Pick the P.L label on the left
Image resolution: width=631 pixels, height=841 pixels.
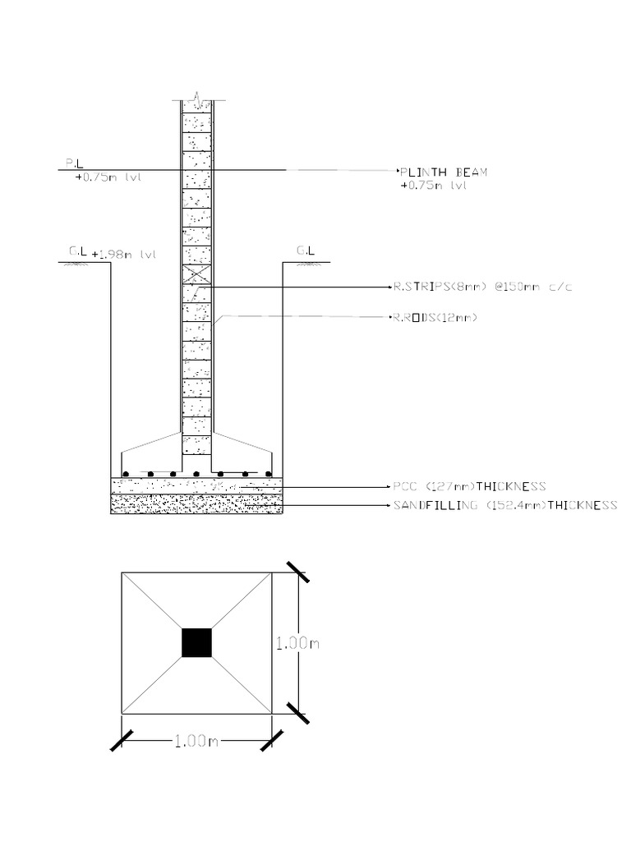pyautogui.click(x=74, y=164)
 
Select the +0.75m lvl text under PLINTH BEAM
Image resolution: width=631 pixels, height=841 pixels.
pyautogui.click(x=434, y=186)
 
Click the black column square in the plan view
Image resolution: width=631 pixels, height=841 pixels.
pyautogui.click(x=197, y=642)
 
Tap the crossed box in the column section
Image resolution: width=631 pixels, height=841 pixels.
pyautogui.click(x=197, y=275)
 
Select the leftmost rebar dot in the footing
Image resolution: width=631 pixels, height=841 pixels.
pyautogui.click(x=125, y=474)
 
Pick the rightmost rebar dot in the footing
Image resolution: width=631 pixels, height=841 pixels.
pyautogui.click(x=269, y=474)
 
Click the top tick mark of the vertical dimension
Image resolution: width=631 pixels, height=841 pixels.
pyautogui.click(x=297, y=572)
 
